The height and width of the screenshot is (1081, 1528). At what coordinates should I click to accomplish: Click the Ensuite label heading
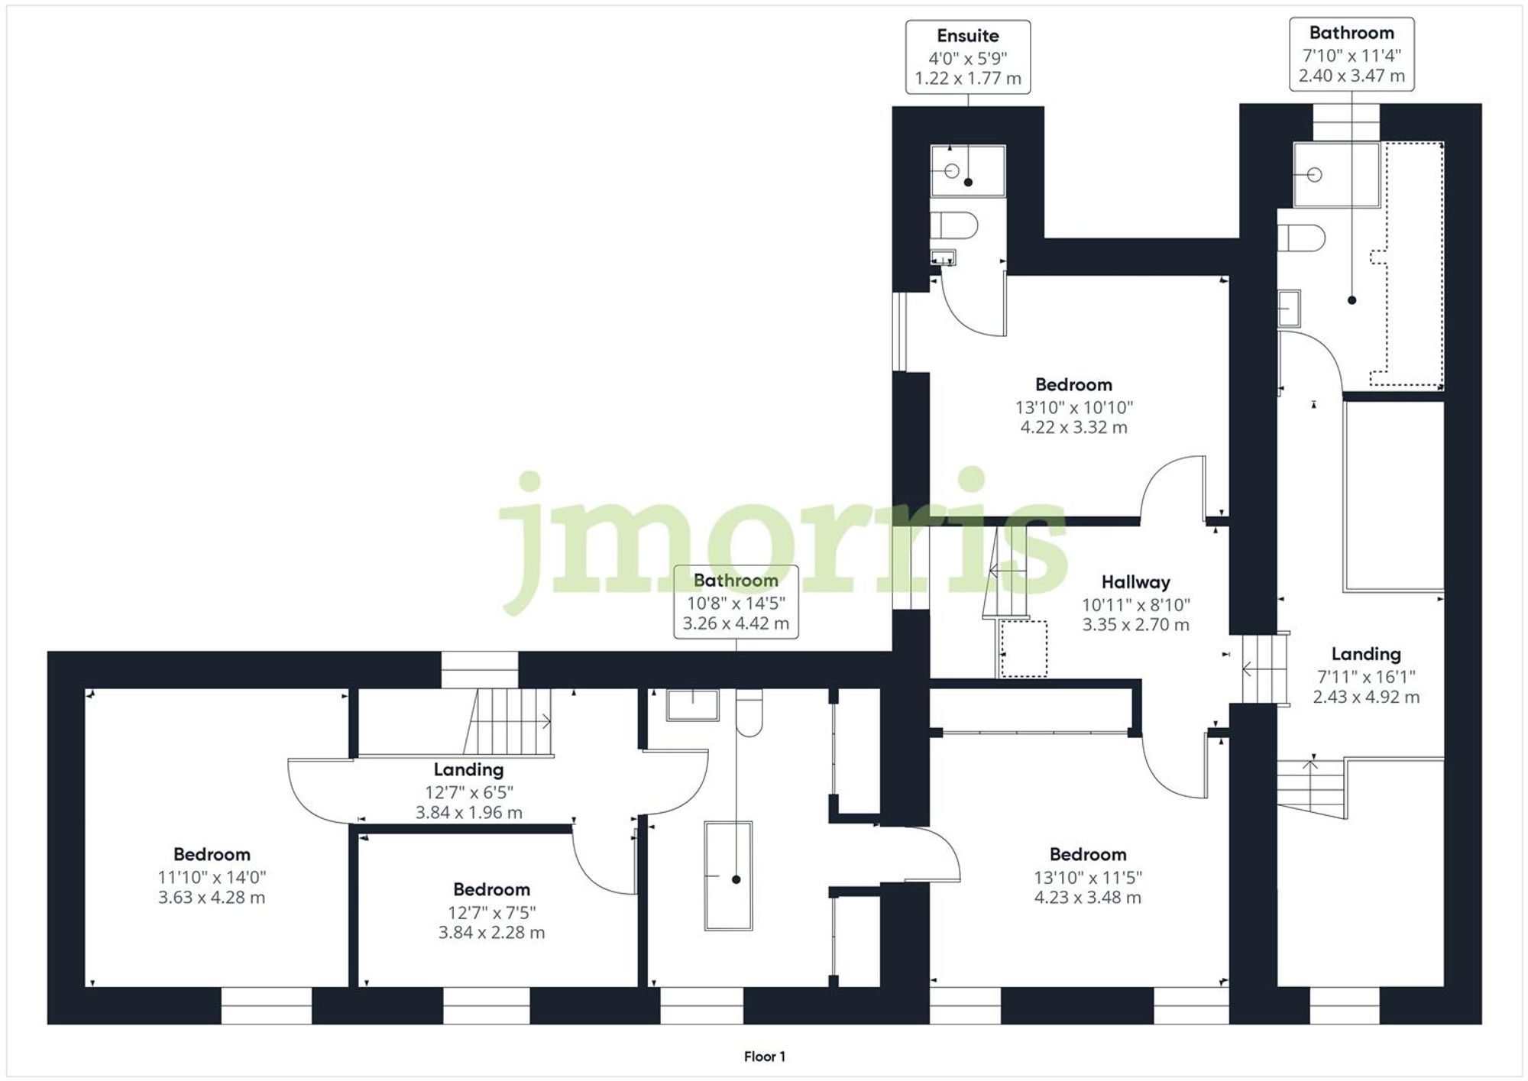tap(967, 36)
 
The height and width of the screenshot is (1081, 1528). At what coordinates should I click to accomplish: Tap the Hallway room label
tap(1135, 582)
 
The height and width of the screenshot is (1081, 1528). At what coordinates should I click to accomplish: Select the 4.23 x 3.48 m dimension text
tap(1087, 898)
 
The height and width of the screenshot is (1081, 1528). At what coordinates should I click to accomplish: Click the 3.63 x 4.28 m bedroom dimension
tap(212, 898)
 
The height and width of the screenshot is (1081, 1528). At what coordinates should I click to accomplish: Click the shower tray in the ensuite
tap(967, 170)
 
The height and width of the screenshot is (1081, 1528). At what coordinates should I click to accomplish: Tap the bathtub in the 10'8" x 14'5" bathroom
tap(728, 875)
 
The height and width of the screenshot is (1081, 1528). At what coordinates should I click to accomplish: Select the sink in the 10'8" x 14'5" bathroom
tap(692, 704)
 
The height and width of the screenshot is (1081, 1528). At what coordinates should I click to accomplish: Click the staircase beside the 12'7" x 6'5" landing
tap(508, 721)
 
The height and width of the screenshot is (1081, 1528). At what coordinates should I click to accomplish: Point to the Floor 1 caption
tap(764, 1057)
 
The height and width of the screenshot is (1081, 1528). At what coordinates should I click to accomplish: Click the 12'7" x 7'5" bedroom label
tap(491, 890)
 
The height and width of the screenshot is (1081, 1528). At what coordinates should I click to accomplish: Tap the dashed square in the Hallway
tap(1023, 649)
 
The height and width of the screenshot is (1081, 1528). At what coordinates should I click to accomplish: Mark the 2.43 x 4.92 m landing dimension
tap(1366, 697)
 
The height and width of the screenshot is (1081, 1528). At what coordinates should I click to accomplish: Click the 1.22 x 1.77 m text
tap(967, 79)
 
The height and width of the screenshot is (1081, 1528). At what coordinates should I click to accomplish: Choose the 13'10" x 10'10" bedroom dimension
tap(1073, 407)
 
